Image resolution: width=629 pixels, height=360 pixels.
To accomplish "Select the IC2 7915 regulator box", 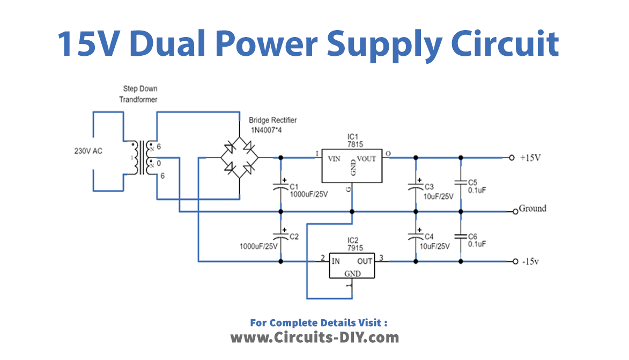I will coord(351,265).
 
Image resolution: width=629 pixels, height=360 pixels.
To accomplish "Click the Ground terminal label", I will coord(532,209).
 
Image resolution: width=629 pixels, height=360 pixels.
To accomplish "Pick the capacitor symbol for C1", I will coord(280,188).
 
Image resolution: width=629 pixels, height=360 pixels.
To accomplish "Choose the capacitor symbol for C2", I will coord(280,236).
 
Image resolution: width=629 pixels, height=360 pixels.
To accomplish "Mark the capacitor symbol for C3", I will coord(415,188).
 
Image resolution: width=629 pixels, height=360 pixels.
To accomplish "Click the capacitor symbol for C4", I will coord(415,236).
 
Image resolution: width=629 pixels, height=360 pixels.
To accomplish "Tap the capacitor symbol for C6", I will coord(460,236).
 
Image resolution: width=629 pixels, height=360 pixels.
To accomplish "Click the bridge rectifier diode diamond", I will coord(239,158).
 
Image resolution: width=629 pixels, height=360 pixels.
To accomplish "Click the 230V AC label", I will coord(88,151).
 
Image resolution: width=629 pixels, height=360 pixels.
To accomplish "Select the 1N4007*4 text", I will coord(267,130).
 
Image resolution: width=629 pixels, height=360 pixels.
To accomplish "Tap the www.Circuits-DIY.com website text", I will coord(315,337).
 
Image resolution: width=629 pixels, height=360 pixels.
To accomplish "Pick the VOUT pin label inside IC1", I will coord(366,159).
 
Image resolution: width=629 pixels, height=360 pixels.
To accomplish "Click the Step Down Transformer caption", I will coord(139,94).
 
